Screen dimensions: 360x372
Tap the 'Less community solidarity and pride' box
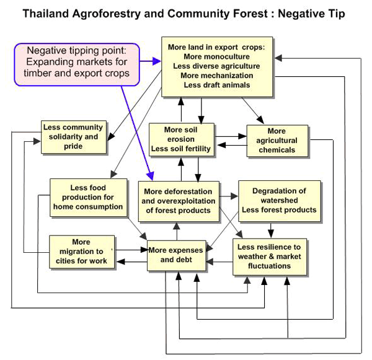(73, 137)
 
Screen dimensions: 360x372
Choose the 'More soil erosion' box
(180, 139)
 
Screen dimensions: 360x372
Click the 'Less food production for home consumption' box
(88, 196)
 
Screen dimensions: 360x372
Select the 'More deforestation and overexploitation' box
(179, 201)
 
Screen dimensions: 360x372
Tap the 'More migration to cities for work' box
(81, 251)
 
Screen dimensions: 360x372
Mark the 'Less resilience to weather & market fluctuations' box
(272, 256)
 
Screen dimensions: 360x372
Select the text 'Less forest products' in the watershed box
(279, 209)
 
